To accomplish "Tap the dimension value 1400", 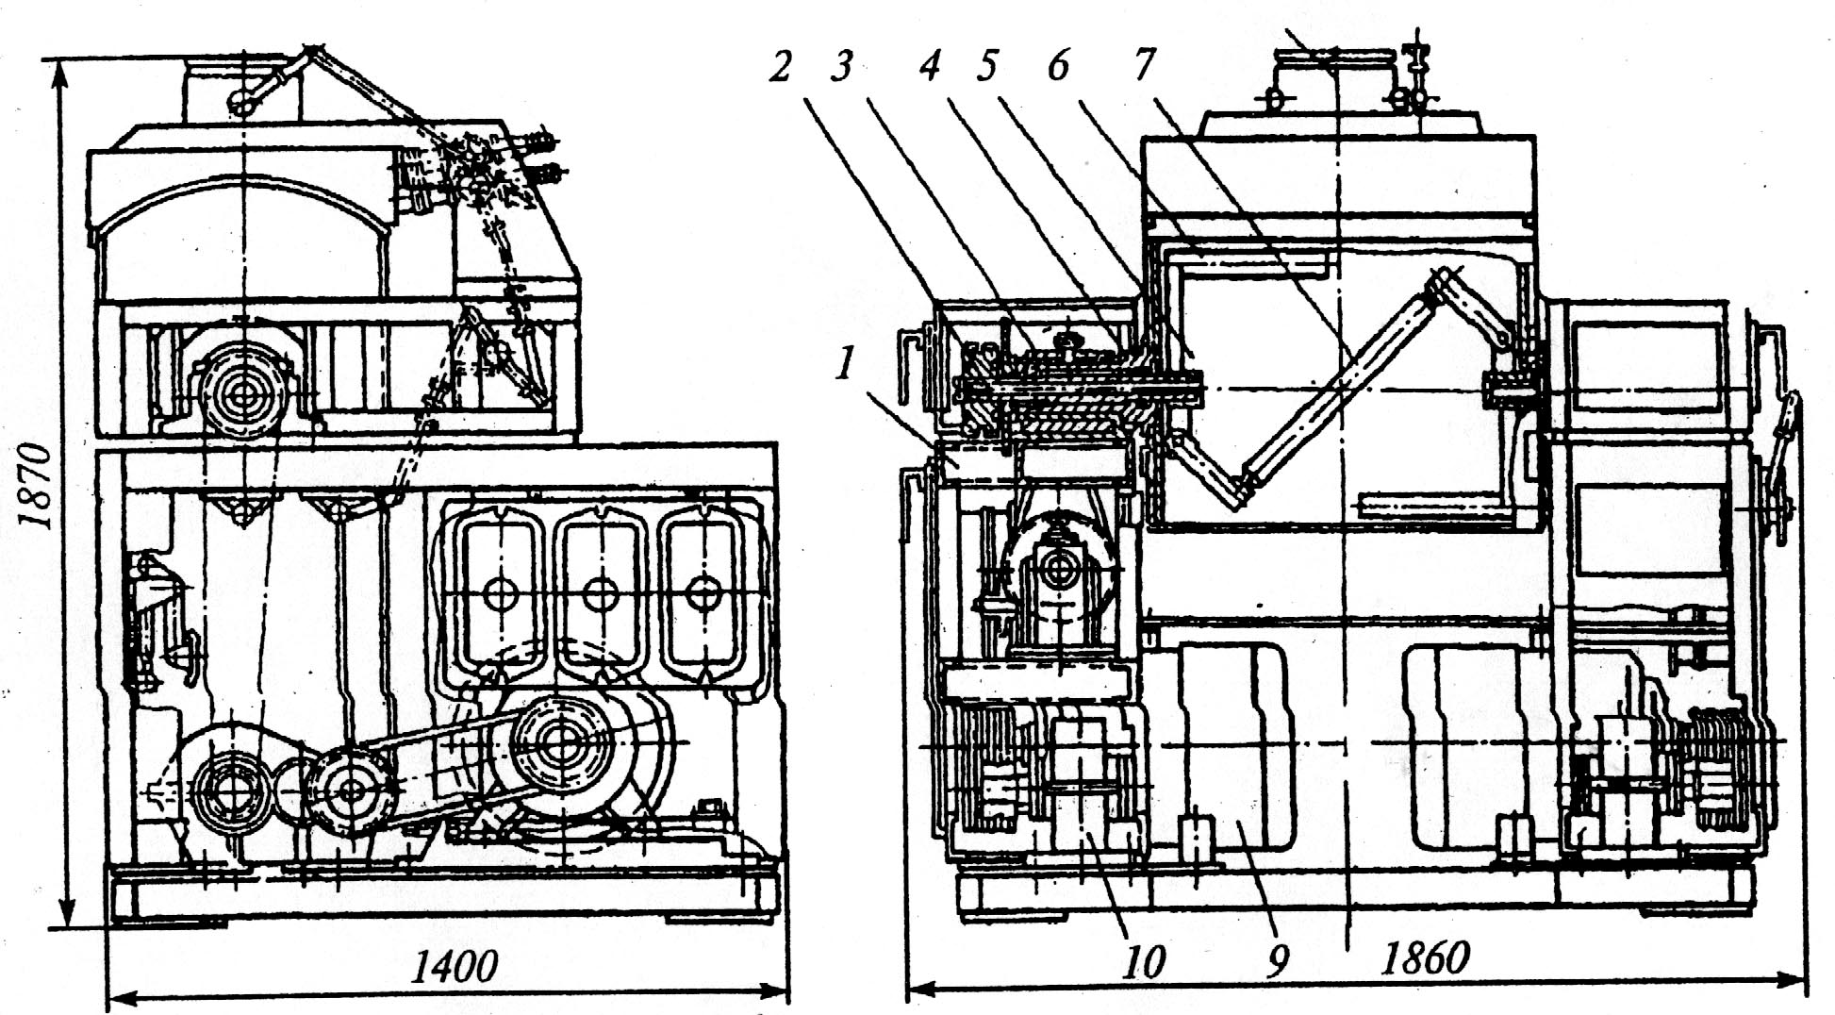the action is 455,965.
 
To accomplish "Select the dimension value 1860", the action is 1425,959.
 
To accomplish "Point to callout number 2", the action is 780,66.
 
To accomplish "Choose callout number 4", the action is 931,66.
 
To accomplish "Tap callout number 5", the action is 986,66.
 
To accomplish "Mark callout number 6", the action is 1058,66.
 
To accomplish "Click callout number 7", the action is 1144,66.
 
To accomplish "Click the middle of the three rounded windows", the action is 600,591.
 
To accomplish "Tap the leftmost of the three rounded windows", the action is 498,591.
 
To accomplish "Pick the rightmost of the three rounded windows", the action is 702,591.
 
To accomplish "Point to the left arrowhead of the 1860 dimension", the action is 920,990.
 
